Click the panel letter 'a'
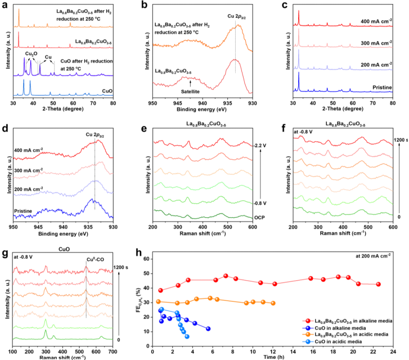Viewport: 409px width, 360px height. click(4, 5)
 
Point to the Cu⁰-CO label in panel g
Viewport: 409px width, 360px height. click(94, 261)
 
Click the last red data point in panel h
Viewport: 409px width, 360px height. click(378, 284)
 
